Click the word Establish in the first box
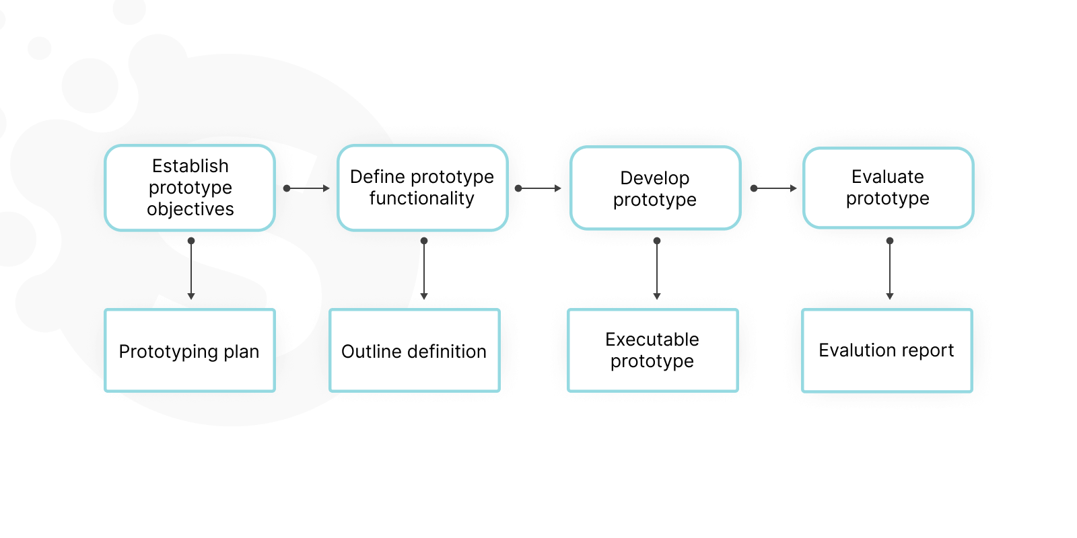pyautogui.click(x=190, y=165)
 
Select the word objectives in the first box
pyautogui.click(x=190, y=209)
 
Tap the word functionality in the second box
pyautogui.click(x=421, y=198)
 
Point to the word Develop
pyautogui.click(x=654, y=178)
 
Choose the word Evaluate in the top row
pyautogui.click(x=887, y=177)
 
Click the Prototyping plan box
pyautogui.click(x=190, y=350)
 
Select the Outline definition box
pyautogui.click(x=414, y=350)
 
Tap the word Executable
pyautogui.click(x=652, y=340)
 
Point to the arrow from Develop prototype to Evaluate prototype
pyautogui.click(x=773, y=188)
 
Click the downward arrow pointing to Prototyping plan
pyautogui.click(x=191, y=269)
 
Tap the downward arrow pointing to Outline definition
pyautogui.click(x=424, y=269)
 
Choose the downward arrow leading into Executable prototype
pyautogui.click(x=657, y=269)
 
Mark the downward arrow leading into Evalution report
pyautogui.click(x=890, y=269)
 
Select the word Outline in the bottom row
pyautogui.click(x=372, y=351)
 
